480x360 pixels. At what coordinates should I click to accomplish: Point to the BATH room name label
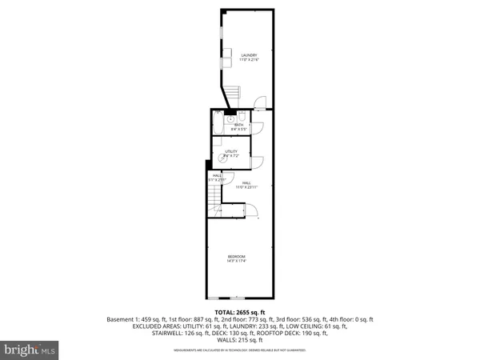[238, 124]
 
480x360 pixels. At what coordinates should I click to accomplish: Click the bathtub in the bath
[218, 126]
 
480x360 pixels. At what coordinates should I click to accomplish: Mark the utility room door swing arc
[257, 162]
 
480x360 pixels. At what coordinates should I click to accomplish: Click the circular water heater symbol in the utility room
[217, 158]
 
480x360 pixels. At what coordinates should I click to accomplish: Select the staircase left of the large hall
[214, 210]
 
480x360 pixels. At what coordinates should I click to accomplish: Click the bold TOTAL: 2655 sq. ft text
[239, 312]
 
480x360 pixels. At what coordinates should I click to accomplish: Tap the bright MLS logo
[30, 350]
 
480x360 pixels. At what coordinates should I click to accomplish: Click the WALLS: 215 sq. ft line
[239, 339]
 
